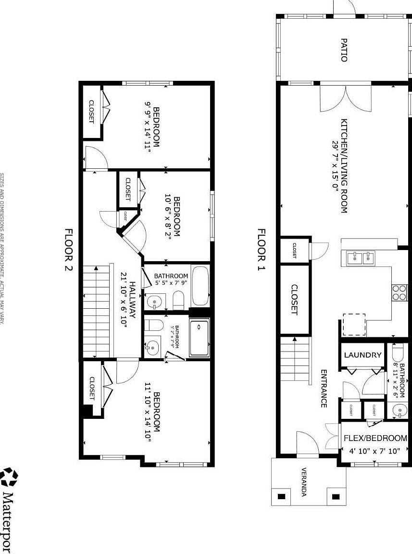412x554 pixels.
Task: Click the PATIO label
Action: pyautogui.click(x=344, y=50)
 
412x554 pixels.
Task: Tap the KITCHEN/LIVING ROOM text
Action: pyautogui.click(x=344, y=166)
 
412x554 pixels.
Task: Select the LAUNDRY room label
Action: pyautogui.click(x=362, y=355)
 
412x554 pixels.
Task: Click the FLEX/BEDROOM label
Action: pyautogui.click(x=375, y=439)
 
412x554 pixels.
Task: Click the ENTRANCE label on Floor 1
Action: pyautogui.click(x=324, y=389)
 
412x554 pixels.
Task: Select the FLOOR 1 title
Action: pyautogui.click(x=261, y=250)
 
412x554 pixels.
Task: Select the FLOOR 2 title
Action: pyautogui.click(x=68, y=250)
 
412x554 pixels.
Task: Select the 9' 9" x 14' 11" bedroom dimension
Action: pyautogui.click(x=148, y=126)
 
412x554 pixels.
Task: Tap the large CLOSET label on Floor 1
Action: pyautogui.click(x=294, y=299)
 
